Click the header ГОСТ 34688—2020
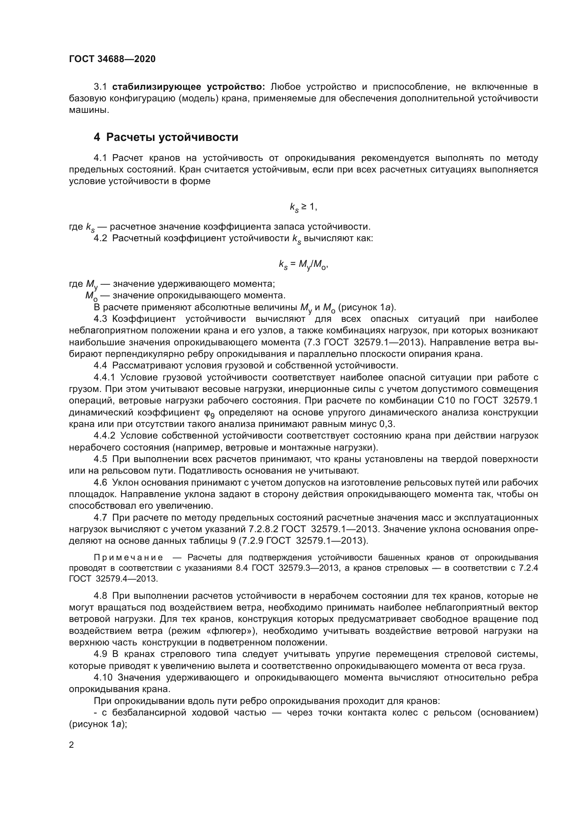pos(112,59)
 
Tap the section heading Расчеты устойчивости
pos(172,137)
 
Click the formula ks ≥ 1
pos(303,207)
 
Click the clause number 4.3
pos(100,319)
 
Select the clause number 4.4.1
pos(104,378)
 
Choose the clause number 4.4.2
pos(104,436)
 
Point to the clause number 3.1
pos(100,87)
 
